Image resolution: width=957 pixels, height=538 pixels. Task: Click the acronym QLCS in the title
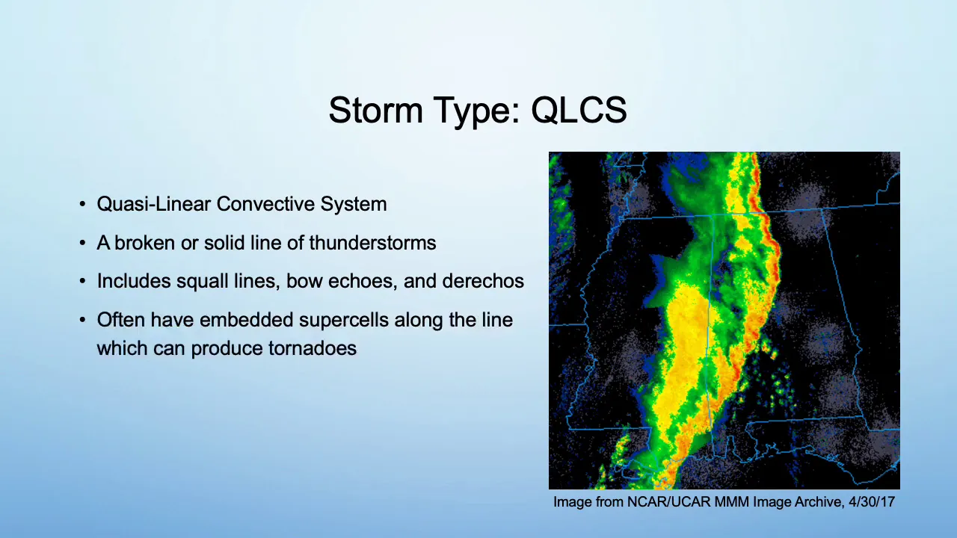pos(579,110)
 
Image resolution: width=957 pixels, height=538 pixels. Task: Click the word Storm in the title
pos(375,110)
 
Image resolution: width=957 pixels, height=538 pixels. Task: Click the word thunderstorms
pos(372,243)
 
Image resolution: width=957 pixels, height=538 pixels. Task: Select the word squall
pos(202,282)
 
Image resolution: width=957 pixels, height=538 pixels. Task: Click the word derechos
pos(483,282)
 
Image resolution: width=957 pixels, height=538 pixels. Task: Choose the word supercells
pos(343,321)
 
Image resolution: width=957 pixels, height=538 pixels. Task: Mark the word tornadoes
pos(313,348)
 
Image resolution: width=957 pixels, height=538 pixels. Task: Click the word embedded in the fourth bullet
pos(246,321)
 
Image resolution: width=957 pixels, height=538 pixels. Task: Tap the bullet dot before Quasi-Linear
pos(82,204)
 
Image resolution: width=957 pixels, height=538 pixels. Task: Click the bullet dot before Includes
pos(82,282)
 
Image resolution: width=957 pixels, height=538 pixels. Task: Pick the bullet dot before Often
pos(82,321)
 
